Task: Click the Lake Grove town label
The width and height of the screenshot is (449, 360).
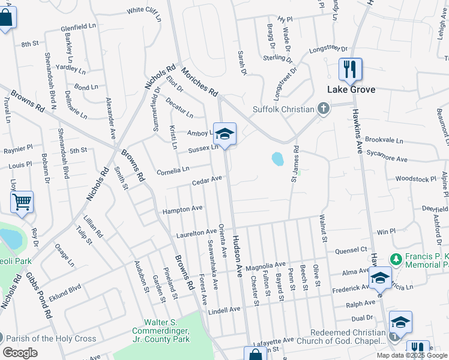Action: tap(351, 89)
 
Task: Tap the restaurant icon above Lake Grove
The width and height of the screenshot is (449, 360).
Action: tap(350, 69)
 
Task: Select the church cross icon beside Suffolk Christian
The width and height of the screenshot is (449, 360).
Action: tap(324, 109)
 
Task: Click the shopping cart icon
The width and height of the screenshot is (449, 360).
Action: tap(22, 203)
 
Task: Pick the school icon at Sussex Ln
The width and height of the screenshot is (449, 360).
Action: tap(224, 134)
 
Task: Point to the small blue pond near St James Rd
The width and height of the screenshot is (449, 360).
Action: tap(277, 159)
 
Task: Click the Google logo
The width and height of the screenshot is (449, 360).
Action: tap(20, 353)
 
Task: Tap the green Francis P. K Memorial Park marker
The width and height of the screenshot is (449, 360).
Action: tap(396, 259)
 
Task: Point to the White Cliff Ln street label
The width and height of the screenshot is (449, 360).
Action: tap(144, 10)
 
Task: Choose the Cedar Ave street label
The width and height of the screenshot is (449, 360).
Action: tap(207, 179)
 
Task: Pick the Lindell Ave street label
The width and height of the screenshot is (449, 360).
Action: tap(224, 310)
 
